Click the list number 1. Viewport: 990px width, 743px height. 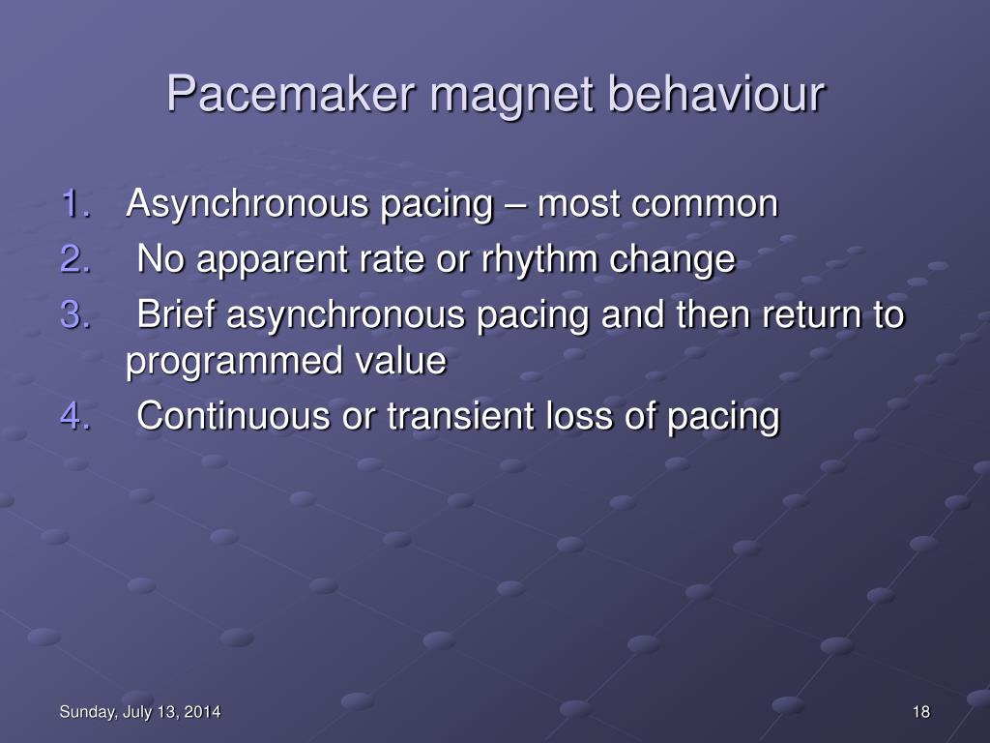click(76, 205)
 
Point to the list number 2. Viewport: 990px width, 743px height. click(76, 259)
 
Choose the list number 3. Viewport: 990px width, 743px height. click(76, 314)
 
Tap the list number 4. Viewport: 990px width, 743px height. click(76, 416)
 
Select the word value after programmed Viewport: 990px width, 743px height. click(401, 361)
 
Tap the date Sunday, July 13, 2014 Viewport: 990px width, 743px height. click(139, 713)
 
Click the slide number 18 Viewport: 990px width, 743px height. click(920, 713)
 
